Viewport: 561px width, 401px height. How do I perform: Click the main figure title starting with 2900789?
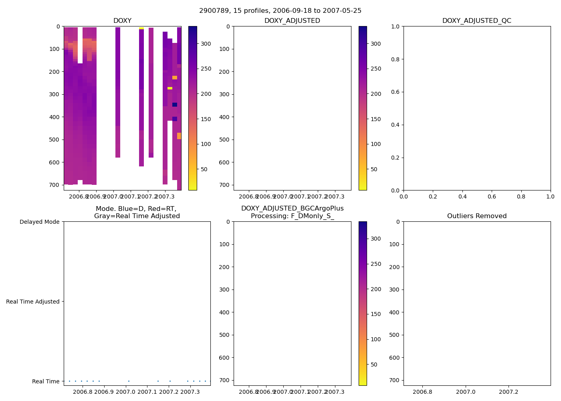[x=280, y=11]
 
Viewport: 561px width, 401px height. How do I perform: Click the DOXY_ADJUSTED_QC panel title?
[x=476, y=21]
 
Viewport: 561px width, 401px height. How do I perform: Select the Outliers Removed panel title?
[x=476, y=216]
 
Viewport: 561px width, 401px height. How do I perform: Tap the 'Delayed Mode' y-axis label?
[x=39, y=222]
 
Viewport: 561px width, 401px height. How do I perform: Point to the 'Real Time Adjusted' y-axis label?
[x=32, y=302]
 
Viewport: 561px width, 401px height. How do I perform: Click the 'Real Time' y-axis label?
[x=45, y=381]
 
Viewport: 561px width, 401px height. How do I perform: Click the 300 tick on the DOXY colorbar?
[x=206, y=44]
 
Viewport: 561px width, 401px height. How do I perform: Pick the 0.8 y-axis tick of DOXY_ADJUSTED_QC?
[x=396, y=59]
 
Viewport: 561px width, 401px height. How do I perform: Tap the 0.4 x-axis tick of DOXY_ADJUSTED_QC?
[x=462, y=197]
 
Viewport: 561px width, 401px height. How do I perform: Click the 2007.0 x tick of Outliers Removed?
[x=466, y=392]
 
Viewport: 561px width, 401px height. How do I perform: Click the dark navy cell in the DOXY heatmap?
[x=175, y=105]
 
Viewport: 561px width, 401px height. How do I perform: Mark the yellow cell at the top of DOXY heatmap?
[x=141, y=28]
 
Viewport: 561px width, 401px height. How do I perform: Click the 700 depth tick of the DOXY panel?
[x=54, y=185]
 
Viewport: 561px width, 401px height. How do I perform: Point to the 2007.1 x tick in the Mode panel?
[x=147, y=392]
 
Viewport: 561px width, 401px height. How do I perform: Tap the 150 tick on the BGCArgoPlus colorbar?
[x=375, y=314]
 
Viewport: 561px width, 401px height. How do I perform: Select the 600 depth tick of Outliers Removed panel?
[x=394, y=358]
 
